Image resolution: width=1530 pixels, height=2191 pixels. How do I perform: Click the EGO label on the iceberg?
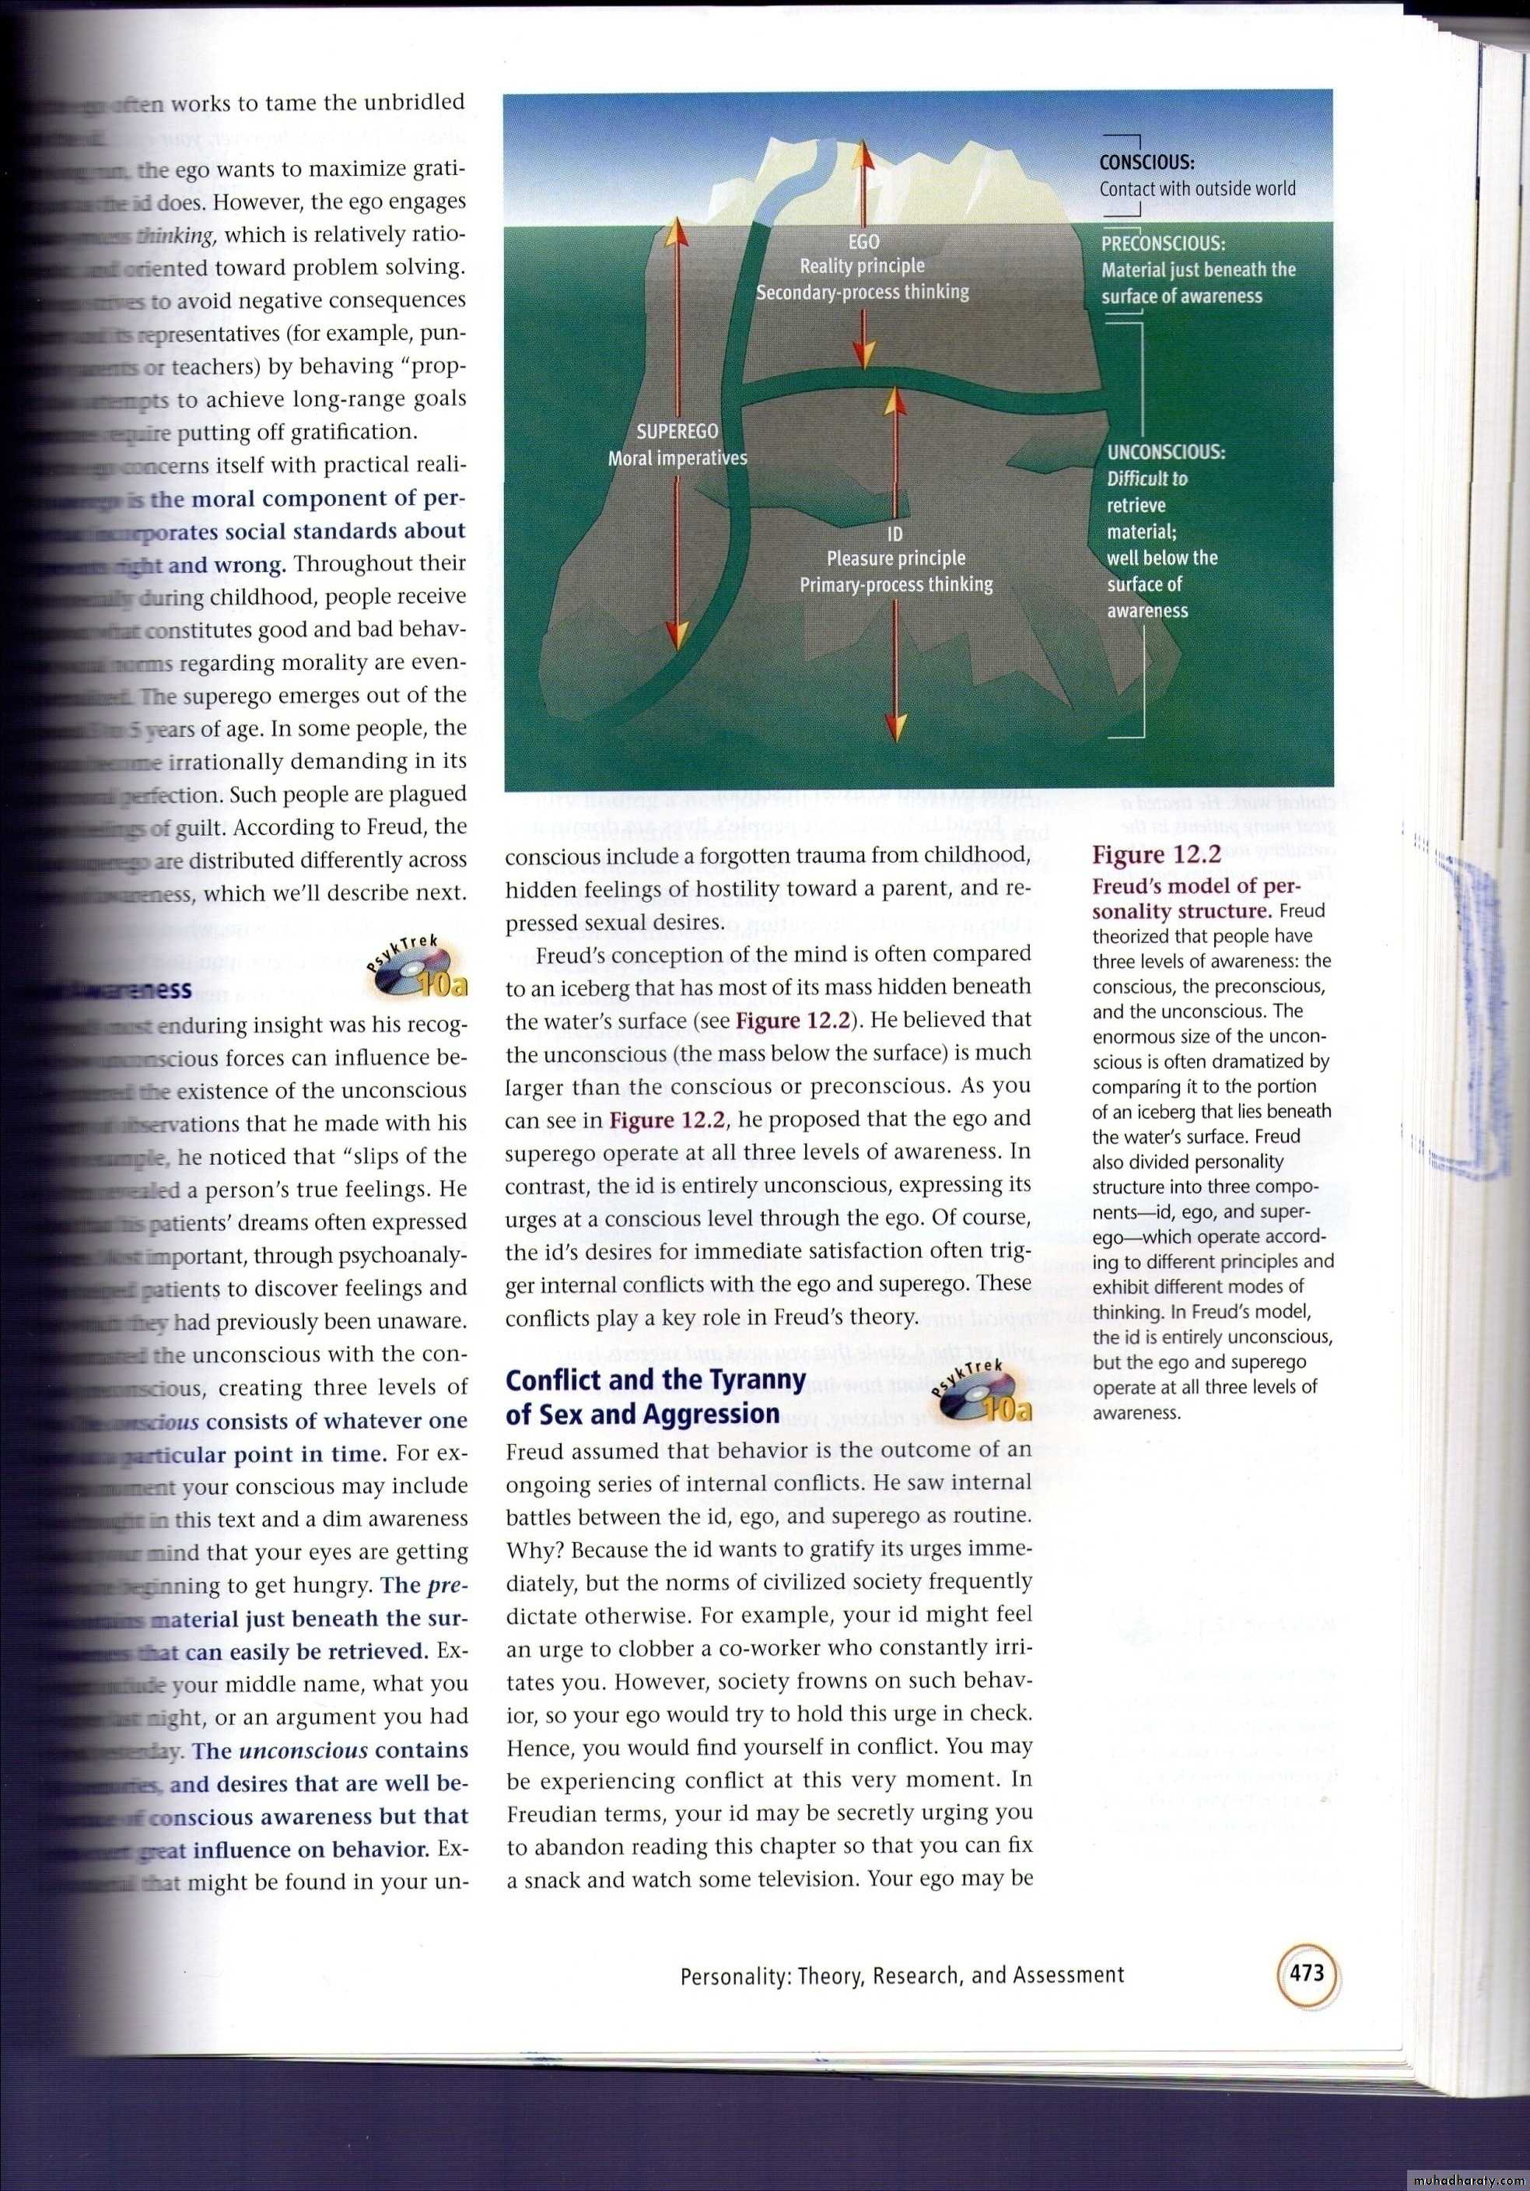pos(863,243)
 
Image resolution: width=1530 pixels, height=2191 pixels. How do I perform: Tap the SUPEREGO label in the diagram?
pos(677,433)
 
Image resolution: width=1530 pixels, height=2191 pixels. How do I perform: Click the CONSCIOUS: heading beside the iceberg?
pos(1147,163)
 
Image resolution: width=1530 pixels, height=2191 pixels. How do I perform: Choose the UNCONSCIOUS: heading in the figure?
pos(1166,451)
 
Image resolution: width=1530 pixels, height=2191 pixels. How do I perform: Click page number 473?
pos(1307,1969)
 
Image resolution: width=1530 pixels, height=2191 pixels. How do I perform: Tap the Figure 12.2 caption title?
pos(1156,854)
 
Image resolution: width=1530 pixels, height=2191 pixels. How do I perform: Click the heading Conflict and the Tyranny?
pos(655,1379)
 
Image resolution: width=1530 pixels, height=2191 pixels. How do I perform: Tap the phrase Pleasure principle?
pos(896,558)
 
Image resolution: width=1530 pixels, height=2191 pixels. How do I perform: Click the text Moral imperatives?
pos(677,458)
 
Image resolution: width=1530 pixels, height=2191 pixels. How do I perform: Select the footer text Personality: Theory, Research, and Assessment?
pos(902,1975)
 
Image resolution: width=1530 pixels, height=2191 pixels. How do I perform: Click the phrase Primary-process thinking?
pos(896,584)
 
